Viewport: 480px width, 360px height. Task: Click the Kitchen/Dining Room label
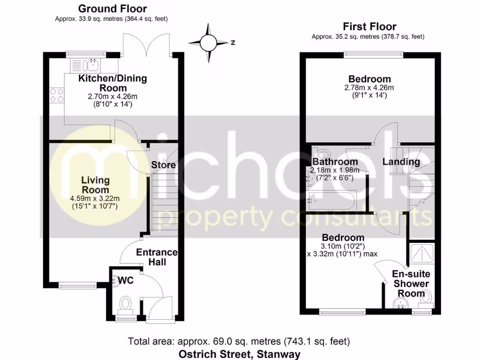[112, 83]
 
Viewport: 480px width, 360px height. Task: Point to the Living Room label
[95, 185]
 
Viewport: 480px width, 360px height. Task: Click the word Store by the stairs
[164, 165]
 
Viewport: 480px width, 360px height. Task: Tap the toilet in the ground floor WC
[125, 304]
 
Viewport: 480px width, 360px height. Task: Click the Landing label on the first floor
[401, 162]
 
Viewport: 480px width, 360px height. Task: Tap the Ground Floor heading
[112, 9]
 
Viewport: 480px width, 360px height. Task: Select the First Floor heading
[369, 27]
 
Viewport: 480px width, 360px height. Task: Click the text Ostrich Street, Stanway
[239, 354]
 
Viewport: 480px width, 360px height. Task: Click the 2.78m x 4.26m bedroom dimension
[369, 88]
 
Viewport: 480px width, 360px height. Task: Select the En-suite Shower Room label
[412, 284]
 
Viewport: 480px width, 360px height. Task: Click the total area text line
[239, 341]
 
